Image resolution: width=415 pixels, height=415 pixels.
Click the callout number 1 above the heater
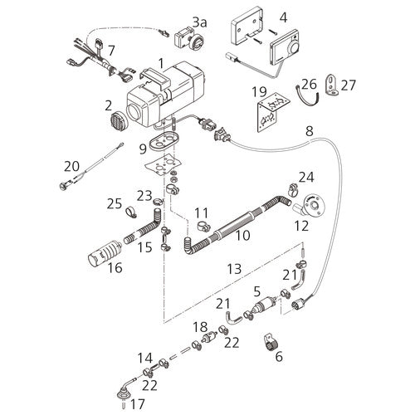tap(161, 63)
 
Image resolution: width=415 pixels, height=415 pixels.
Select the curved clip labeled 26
tap(309, 97)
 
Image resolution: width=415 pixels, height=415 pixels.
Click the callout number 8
tap(310, 131)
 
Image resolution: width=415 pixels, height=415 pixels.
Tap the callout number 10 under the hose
tap(242, 236)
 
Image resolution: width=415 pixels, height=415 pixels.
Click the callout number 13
tap(235, 270)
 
